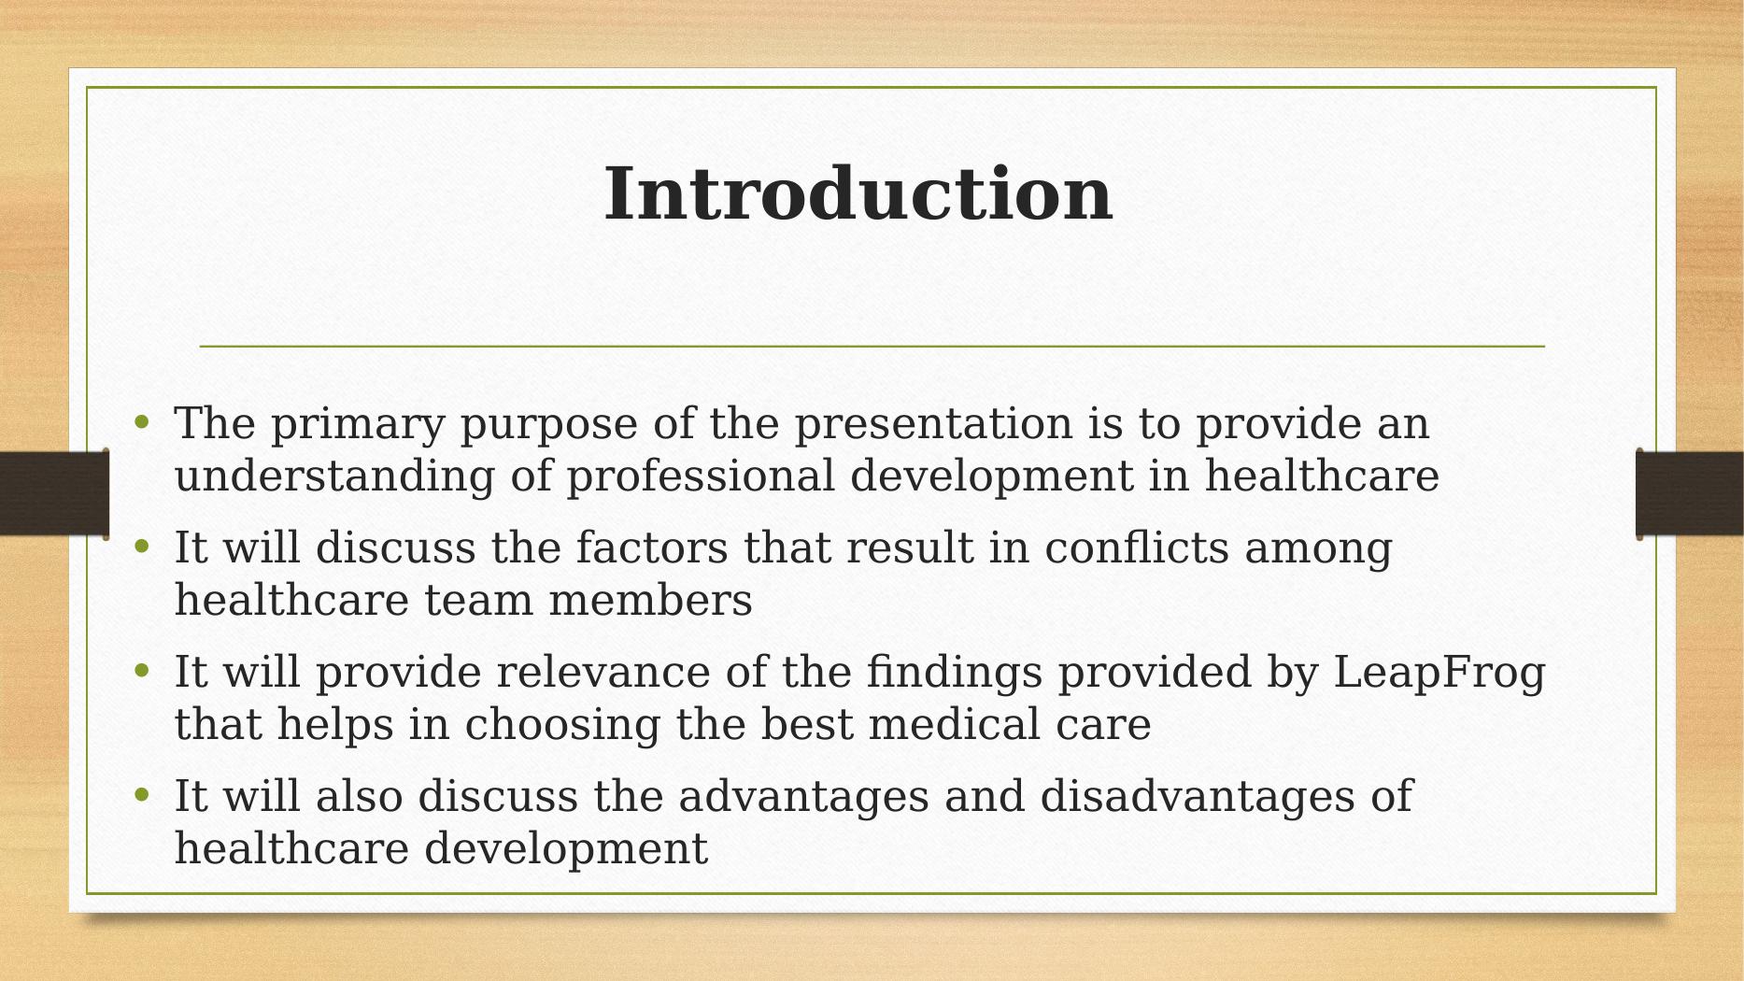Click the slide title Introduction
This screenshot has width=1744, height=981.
[x=858, y=194]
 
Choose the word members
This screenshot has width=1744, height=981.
[x=650, y=600]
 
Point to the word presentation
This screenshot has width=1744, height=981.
[x=933, y=426]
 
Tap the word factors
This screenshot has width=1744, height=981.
[x=652, y=547]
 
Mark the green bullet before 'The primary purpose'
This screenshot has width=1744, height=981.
[x=142, y=422]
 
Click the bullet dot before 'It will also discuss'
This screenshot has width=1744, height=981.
[x=142, y=795]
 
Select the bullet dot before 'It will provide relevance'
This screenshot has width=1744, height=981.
[x=142, y=671]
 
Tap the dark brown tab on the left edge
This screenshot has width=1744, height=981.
[x=54, y=493]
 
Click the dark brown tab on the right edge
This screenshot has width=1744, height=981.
[x=1689, y=493]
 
